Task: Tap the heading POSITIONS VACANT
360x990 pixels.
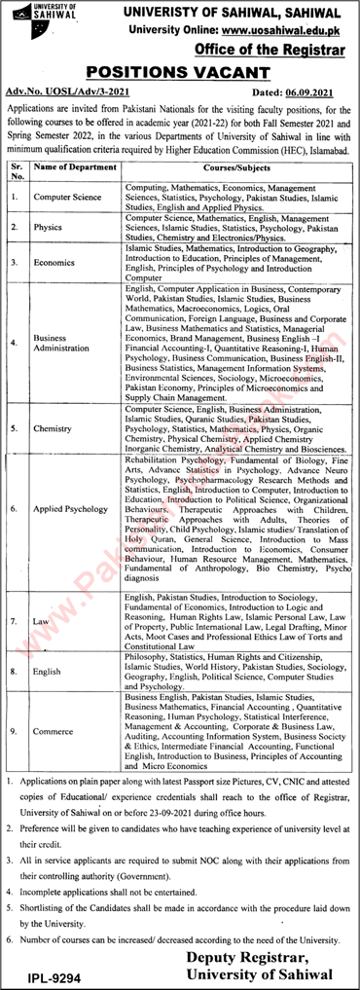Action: click(180, 71)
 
